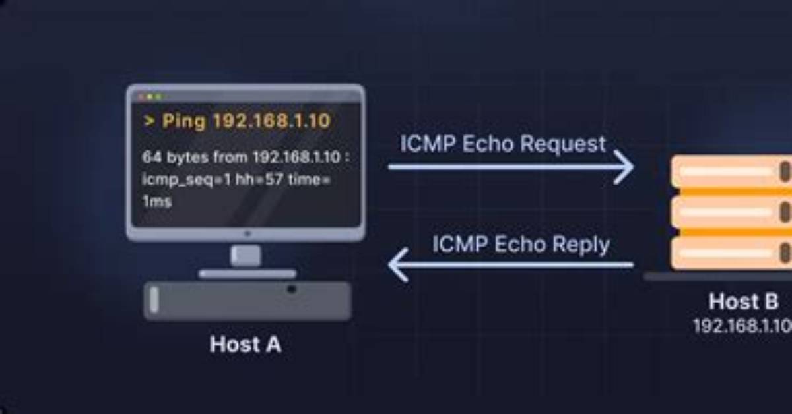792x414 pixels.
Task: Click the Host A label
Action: pos(246,344)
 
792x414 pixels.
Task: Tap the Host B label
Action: pos(744,301)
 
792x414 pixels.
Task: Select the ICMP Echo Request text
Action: pos(503,144)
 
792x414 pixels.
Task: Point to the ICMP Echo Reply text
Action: pos(521,244)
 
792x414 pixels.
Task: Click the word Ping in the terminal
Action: pos(183,121)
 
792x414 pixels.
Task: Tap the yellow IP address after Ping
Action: pos(272,121)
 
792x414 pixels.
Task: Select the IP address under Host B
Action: pos(742,326)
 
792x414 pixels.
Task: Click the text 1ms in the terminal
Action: pos(157,201)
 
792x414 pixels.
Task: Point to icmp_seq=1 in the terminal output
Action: pos(187,180)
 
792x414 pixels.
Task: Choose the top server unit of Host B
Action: pos(732,171)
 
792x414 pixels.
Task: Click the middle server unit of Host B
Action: pos(732,212)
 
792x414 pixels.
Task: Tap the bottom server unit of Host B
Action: pos(732,253)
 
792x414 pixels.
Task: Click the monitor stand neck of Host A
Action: pos(246,255)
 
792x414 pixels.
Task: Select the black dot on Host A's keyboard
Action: pos(291,289)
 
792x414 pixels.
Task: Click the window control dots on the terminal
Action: pos(150,96)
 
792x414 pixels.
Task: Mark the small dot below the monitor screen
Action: pos(247,233)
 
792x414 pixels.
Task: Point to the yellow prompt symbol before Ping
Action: pos(149,121)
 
